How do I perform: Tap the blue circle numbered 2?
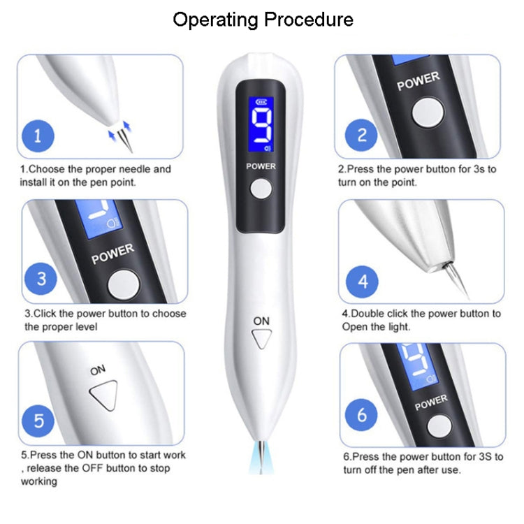(362, 134)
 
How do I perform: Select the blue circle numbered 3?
(41, 278)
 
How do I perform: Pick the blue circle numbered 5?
(39, 421)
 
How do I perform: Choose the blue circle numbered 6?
(361, 414)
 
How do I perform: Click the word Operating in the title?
(214, 19)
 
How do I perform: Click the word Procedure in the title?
(308, 19)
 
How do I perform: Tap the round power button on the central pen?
(261, 189)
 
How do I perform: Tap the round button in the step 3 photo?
(124, 284)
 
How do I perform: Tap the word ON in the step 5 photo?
(98, 371)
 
